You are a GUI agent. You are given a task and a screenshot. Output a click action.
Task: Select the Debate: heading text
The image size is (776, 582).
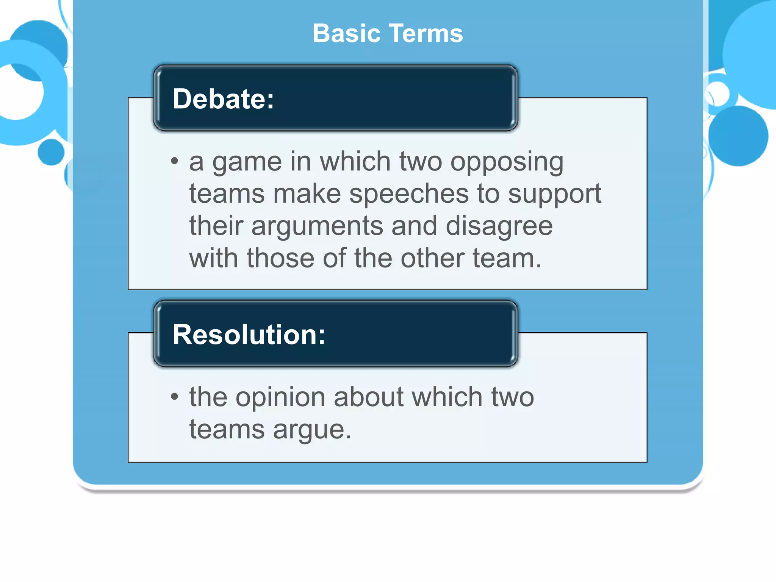tap(223, 99)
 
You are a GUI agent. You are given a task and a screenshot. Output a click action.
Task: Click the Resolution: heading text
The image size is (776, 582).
tap(249, 335)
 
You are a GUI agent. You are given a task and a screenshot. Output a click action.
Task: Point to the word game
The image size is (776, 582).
tap(247, 162)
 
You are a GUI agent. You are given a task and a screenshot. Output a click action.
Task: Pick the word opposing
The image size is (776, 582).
tap(507, 162)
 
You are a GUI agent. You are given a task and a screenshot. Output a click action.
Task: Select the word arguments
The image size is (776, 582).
tap(317, 226)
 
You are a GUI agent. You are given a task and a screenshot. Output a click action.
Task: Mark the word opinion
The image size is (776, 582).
tap(280, 398)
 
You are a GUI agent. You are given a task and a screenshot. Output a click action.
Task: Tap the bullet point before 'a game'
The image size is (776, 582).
tap(174, 161)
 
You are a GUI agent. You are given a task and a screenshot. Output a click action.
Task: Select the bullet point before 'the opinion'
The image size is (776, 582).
tap(174, 397)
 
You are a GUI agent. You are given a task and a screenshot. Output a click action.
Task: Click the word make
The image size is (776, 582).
tap(307, 194)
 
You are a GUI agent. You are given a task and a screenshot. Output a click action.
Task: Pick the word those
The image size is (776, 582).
tap(280, 258)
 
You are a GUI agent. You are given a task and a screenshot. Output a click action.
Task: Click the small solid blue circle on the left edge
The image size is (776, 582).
tap(51, 152)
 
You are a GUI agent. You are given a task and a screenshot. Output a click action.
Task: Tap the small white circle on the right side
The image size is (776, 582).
tap(717, 93)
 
